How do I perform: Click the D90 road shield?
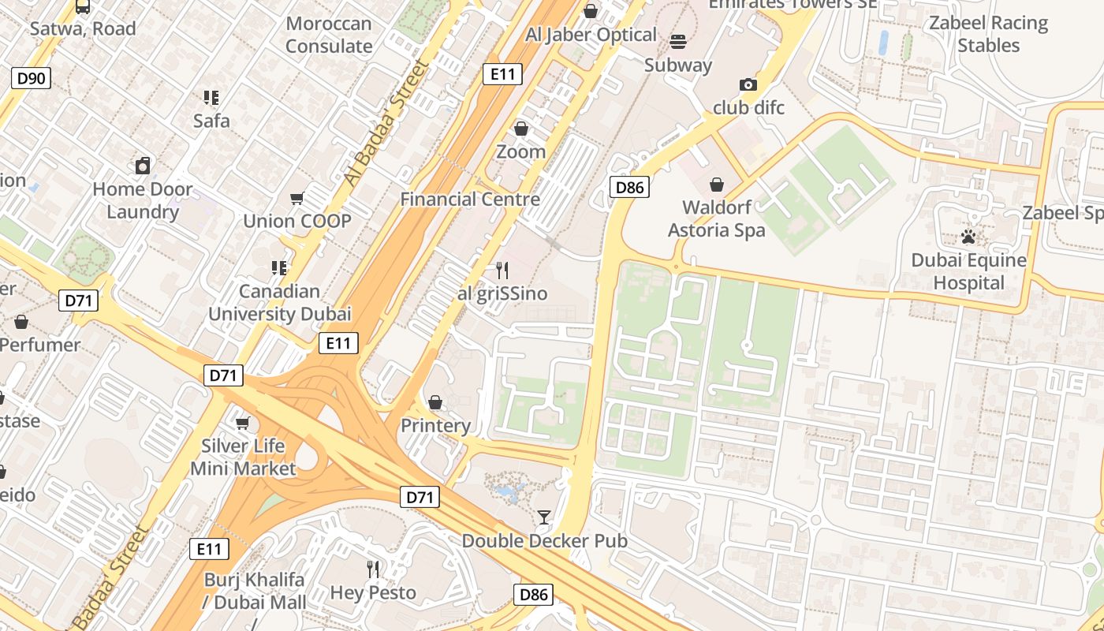31,77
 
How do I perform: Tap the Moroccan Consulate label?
329,35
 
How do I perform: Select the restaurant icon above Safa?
211,98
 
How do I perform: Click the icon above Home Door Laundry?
143,166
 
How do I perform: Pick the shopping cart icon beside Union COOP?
297,198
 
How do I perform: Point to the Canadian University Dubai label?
279,303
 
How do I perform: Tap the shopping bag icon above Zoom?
520,129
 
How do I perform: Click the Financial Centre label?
470,200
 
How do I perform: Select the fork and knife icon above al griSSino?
502,271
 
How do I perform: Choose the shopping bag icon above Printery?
435,403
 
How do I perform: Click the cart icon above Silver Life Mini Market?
243,424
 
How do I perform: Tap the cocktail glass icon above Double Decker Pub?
544,517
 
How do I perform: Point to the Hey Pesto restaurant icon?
373,569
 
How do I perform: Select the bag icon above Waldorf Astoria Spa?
717,185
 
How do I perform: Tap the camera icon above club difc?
748,84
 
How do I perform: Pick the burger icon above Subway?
678,41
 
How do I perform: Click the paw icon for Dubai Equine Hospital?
968,237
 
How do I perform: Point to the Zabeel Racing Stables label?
988,34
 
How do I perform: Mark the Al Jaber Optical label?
591,35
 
